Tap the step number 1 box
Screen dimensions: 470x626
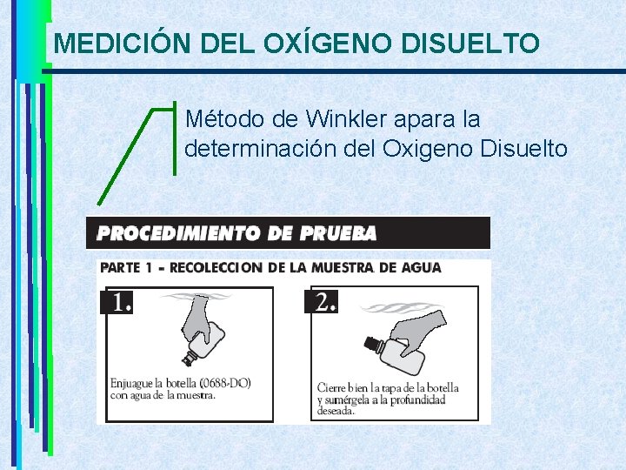tap(118, 301)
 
